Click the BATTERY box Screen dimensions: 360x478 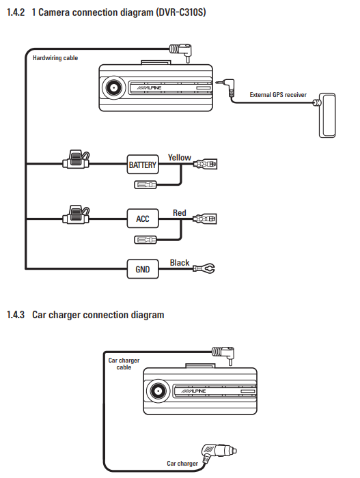click(x=143, y=165)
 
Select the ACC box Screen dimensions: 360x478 click(x=143, y=219)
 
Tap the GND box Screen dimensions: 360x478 click(x=143, y=269)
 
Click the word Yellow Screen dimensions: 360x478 click(x=180, y=158)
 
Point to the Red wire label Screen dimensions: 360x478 click(x=180, y=213)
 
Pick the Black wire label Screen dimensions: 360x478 click(x=180, y=263)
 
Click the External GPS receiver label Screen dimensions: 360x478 click(x=278, y=95)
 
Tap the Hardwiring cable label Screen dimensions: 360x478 click(x=55, y=58)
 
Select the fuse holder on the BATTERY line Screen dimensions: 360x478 click(x=76, y=159)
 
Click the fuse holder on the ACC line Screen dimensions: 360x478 click(x=76, y=215)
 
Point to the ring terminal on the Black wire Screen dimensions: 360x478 click(x=204, y=268)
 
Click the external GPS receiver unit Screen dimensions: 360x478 click(x=327, y=115)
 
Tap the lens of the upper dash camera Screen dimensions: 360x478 click(x=113, y=88)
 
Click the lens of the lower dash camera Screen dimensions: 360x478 click(x=158, y=391)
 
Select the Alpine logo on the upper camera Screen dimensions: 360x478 click(x=149, y=88)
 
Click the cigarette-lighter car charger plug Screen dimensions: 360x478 click(x=218, y=452)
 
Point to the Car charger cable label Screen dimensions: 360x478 click(x=124, y=364)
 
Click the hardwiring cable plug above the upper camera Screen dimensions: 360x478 click(x=181, y=52)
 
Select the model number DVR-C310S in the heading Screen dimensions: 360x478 click(x=181, y=12)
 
